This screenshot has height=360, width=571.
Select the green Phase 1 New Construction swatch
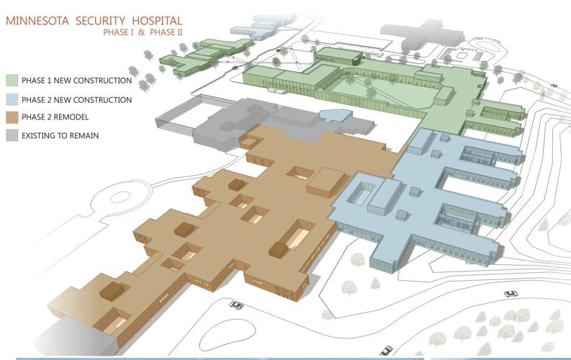point(12,80)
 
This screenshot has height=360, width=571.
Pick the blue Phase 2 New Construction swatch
point(12,99)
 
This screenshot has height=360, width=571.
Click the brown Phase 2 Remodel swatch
point(12,117)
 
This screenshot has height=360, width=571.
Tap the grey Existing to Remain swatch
point(12,135)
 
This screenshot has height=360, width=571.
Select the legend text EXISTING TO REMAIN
point(60,135)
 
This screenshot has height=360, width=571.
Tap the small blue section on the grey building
point(332,115)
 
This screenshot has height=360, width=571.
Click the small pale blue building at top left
point(252,29)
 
